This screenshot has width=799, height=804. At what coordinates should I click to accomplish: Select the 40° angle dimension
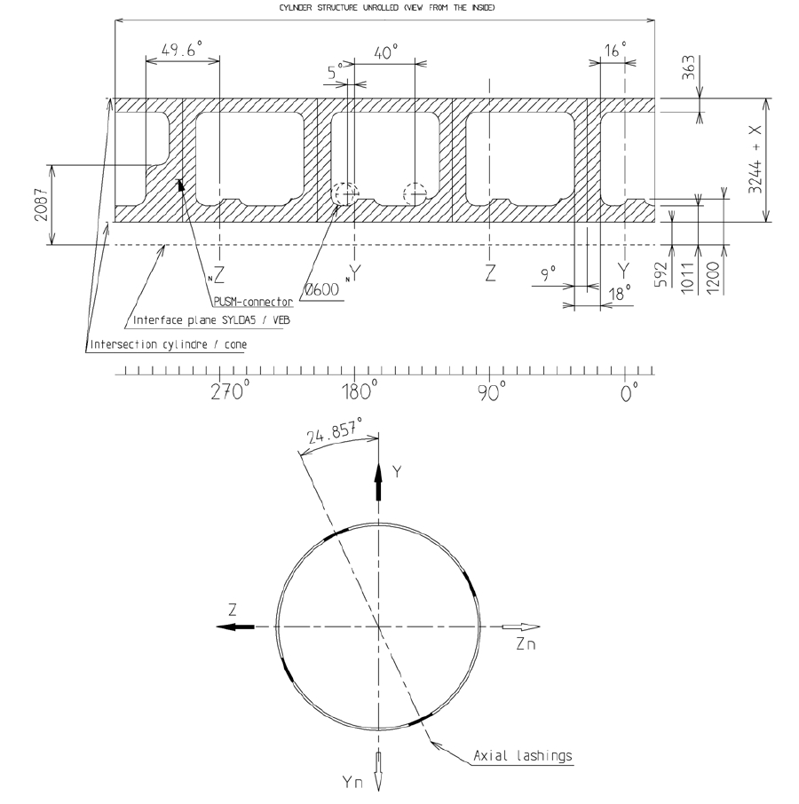[383, 52]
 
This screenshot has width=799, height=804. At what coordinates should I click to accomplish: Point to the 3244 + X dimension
[755, 159]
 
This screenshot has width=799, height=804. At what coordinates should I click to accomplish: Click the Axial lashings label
[534, 756]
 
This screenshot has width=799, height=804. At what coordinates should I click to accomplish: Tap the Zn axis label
[525, 645]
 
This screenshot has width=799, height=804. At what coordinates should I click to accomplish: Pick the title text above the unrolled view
[387, 7]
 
